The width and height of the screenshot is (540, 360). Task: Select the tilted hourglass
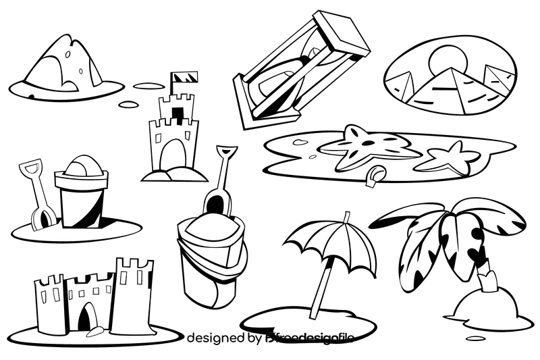click(x=300, y=71)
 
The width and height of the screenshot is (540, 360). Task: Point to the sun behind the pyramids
click(x=447, y=59)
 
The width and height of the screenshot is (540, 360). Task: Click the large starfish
click(x=364, y=145)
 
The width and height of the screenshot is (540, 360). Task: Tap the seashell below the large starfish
click(x=376, y=176)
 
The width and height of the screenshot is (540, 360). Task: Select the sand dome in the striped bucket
click(x=80, y=166)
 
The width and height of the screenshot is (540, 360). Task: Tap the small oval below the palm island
click(x=476, y=338)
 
